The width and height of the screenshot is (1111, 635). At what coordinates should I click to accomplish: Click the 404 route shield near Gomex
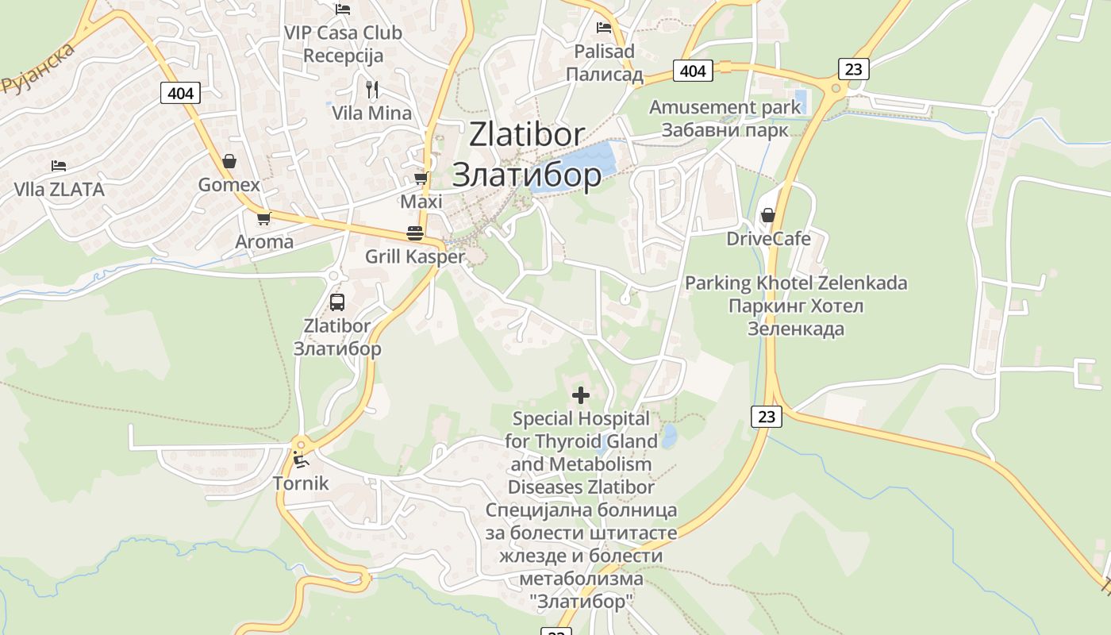[x=181, y=93]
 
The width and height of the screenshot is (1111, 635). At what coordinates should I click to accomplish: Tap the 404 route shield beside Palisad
[x=693, y=71]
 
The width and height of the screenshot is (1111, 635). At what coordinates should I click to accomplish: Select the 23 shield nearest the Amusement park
[x=853, y=68]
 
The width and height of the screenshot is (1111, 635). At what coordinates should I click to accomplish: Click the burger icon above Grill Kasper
[x=414, y=233]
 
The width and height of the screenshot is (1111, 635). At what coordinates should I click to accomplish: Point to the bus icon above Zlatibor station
[x=337, y=302]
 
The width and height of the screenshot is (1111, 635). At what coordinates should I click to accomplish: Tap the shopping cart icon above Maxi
[x=421, y=178]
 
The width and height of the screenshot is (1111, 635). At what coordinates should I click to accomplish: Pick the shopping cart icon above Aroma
[x=263, y=218]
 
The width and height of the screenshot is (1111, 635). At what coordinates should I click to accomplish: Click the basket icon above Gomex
[x=229, y=162]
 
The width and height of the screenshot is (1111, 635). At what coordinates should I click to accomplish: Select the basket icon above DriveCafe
[x=767, y=215]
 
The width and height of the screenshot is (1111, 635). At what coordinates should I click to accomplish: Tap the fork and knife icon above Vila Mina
[x=371, y=89]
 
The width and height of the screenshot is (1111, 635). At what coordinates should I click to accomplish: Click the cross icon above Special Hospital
[x=581, y=394]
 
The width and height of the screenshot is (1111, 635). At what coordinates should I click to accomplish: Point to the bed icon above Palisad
[x=604, y=28]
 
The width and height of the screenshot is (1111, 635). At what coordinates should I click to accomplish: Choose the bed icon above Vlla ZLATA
[x=59, y=166]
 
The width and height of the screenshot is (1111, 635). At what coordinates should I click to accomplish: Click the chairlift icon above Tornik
[x=300, y=459]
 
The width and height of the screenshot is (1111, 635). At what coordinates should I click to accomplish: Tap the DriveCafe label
[x=769, y=239]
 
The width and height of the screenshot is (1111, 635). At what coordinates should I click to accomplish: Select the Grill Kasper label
[x=414, y=256]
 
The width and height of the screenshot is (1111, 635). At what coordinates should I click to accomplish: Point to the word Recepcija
[x=343, y=56]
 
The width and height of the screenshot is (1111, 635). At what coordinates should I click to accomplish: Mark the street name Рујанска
[x=38, y=68]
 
